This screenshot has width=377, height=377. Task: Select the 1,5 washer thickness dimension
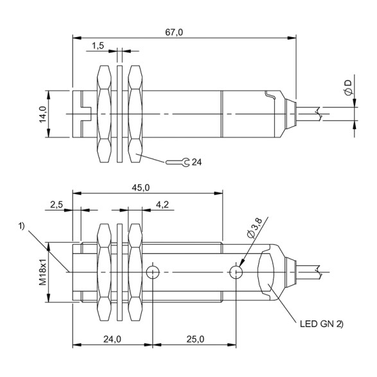[98, 45]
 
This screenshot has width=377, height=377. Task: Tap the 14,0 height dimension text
[42, 114]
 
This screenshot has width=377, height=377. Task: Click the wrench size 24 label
[196, 162]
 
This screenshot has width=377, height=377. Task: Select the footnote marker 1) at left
[22, 225]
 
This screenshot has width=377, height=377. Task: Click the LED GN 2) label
[321, 322]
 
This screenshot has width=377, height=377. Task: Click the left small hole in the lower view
[152, 272]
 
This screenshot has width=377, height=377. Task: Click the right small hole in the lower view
[237, 272]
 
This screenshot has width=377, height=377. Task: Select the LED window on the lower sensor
[267, 272]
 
